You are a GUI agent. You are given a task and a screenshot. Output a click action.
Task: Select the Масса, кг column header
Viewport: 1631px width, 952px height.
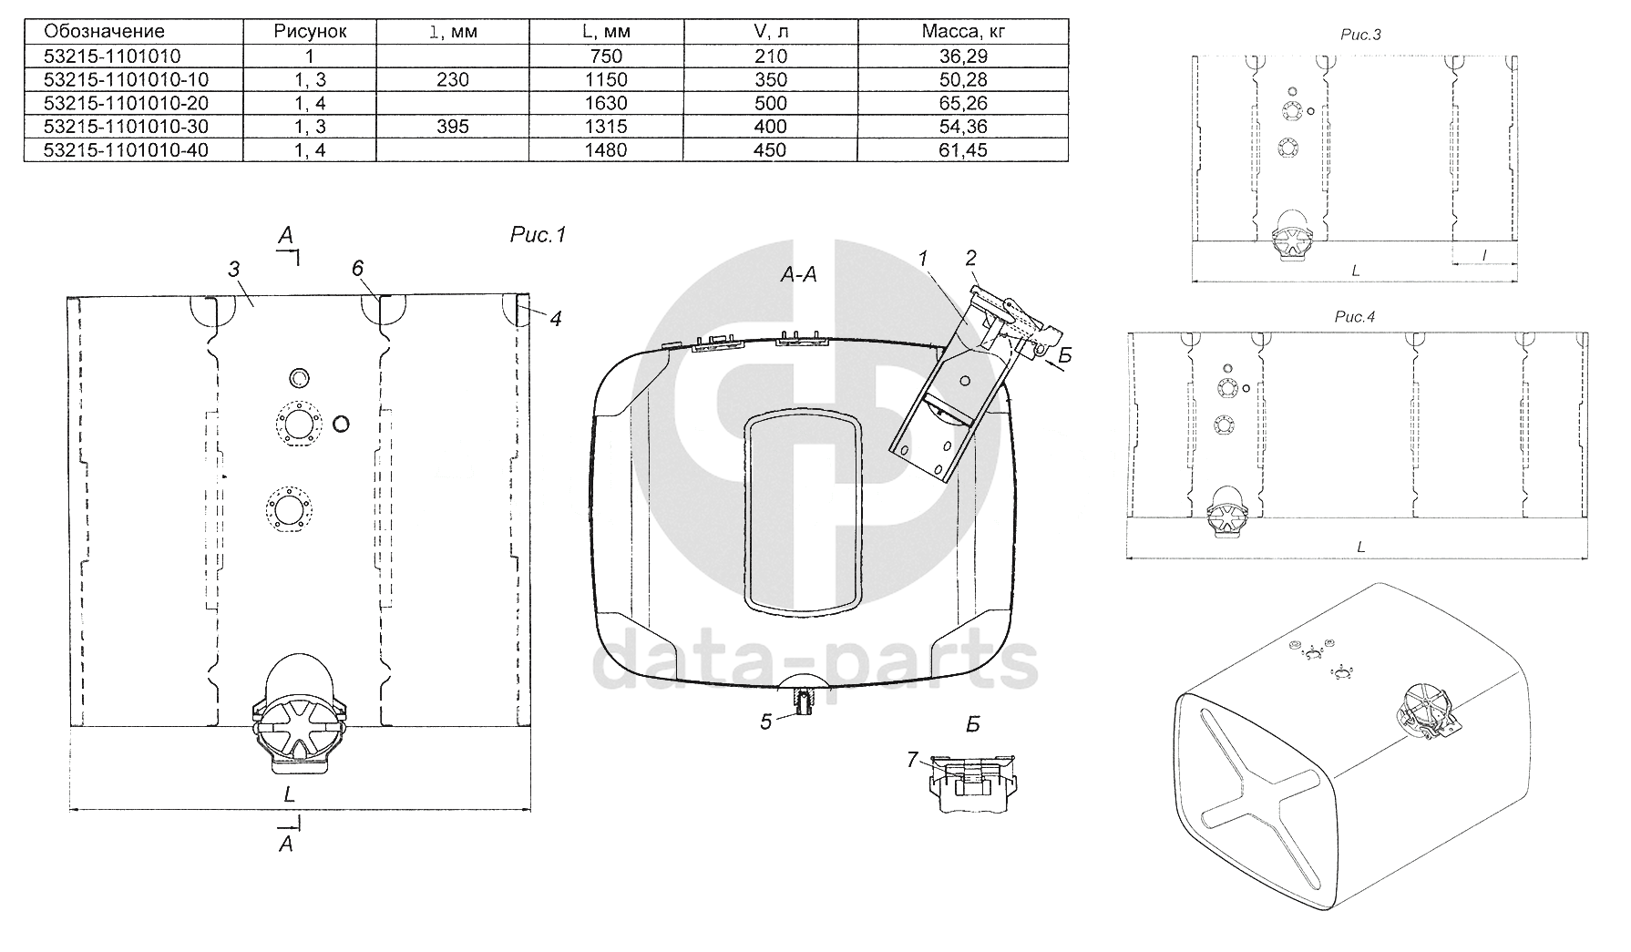(x=963, y=31)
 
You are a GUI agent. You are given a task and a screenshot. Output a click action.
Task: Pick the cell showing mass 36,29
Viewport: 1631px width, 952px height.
(x=963, y=56)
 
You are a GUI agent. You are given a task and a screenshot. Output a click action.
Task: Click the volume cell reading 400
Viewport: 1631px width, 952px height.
(x=771, y=127)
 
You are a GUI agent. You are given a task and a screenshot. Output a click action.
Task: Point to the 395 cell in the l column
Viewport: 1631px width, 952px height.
(x=452, y=127)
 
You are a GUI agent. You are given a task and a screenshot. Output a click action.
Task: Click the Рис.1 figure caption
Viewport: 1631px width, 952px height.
(x=538, y=235)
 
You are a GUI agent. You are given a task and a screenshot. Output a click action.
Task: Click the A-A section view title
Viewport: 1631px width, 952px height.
(x=798, y=274)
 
